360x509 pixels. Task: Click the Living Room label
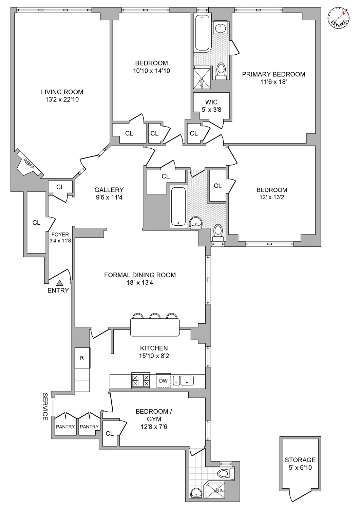click(62, 92)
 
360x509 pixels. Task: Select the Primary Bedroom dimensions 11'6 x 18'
click(273, 82)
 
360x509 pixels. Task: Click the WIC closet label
click(211, 102)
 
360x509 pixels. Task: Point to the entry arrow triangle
click(60, 282)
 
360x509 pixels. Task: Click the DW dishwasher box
click(163, 381)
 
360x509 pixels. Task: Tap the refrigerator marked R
click(82, 358)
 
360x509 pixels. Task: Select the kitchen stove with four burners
click(140, 381)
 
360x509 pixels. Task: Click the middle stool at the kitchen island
click(155, 316)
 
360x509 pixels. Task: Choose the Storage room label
click(300, 460)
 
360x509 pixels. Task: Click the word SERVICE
click(45, 407)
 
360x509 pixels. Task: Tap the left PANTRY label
click(65, 427)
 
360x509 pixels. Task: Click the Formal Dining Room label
click(140, 275)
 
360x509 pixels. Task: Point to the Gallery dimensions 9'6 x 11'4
click(109, 197)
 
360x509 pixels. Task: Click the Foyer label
click(60, 234)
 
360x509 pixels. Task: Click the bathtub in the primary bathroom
click(202, 33)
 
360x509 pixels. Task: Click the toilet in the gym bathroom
click(225, 473)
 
